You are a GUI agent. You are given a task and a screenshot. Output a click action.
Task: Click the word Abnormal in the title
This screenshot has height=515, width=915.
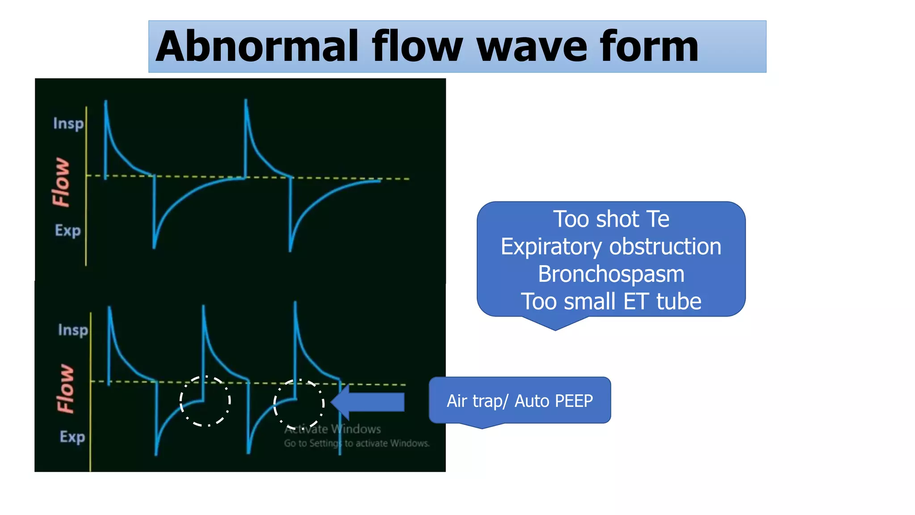(257, 46)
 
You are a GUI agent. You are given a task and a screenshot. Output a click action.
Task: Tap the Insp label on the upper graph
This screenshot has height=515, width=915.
(68, 123)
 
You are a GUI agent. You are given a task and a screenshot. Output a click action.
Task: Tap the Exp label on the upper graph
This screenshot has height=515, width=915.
(68, 231)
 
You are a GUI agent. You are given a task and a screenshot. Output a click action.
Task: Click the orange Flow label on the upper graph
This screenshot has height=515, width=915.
(61, 182)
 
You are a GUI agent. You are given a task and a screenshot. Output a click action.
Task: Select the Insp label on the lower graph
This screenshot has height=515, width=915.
(73, 330)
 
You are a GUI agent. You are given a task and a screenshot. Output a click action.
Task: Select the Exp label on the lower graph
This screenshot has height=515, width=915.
(72, 437)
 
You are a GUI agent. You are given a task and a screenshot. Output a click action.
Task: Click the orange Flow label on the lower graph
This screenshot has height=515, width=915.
(66, 388)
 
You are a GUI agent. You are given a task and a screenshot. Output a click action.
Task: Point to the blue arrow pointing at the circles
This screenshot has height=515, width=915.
(369, 402)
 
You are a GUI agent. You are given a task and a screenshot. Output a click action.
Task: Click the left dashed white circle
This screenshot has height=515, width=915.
(205, 401)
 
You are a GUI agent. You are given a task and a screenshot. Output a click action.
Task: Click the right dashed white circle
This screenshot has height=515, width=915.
(299, 404)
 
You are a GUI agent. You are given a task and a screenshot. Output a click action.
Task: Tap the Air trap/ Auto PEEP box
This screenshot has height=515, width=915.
(520, 401)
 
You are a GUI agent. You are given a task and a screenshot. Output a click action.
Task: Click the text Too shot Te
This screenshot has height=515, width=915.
(611, 220)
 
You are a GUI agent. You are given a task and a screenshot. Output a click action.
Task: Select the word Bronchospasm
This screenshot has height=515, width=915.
(611, 274)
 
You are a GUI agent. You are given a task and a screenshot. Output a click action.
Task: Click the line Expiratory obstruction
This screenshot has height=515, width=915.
(611, 247)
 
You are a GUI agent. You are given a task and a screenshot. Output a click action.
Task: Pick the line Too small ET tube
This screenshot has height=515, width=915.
(611, 301)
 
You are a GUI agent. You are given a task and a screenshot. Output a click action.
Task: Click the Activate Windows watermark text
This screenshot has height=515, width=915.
(333, 429)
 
